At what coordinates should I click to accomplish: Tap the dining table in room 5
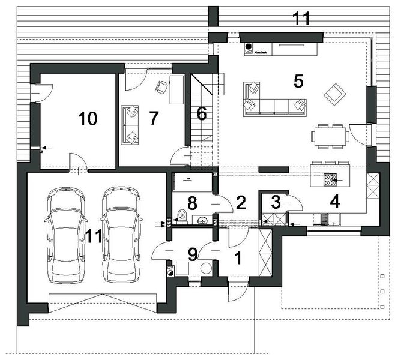(x=330, y=134)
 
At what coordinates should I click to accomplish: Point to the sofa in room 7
(x=130, y=124)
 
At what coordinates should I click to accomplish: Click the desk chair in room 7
(x=161, y=87)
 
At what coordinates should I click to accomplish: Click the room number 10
(x=88, y=119)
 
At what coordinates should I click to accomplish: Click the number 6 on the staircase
(x=201, y=112)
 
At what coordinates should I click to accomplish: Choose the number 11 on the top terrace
(x=301, y=18)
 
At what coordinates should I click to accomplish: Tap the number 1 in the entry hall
(x=237, y=258)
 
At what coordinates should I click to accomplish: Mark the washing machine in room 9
(x=171, y=270)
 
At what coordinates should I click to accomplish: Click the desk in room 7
(x=177, y=89)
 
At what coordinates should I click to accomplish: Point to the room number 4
(x=334, y=202)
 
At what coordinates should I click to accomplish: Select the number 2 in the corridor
(x=241, y=202)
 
